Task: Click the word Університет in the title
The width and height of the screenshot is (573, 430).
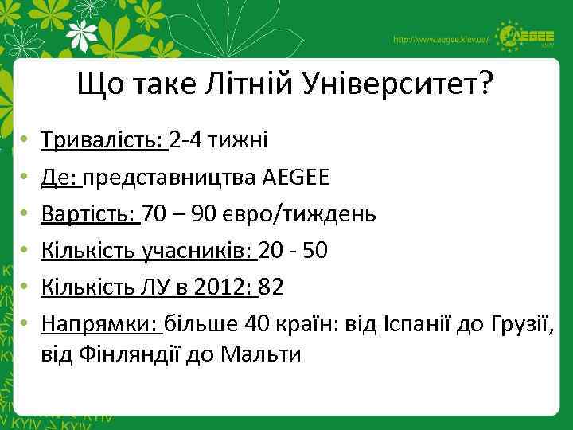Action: tap(396, 83)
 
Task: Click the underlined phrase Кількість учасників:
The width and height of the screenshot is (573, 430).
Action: tap(148, 251)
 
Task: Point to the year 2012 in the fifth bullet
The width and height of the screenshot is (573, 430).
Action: tap(230, 287)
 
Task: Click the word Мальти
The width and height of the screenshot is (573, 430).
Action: tap(264, 354)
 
